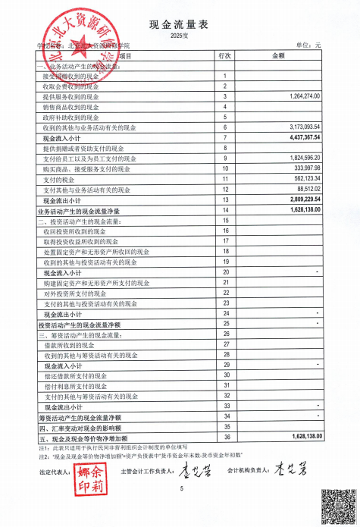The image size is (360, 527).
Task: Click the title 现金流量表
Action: (x=179, y=25)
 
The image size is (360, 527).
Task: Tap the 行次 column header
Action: (x=225, y=56)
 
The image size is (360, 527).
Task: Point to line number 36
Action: (x=225, y=438)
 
